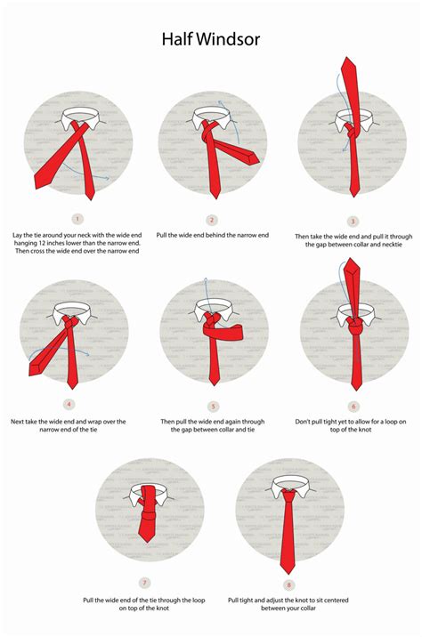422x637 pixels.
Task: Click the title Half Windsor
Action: pyautogui.click(x=210, y=39)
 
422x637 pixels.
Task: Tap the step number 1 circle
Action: pyautogui.click(x=77, y=218)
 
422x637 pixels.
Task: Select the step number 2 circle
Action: pyautogui.click(x=212, y=220)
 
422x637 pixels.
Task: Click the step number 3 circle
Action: pyautogui.click(x=353, y=221)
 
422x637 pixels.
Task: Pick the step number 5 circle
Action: pyautogui.click(x=213, y=406)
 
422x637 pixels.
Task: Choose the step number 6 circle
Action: pyautogui.click(x=353, y=405)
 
